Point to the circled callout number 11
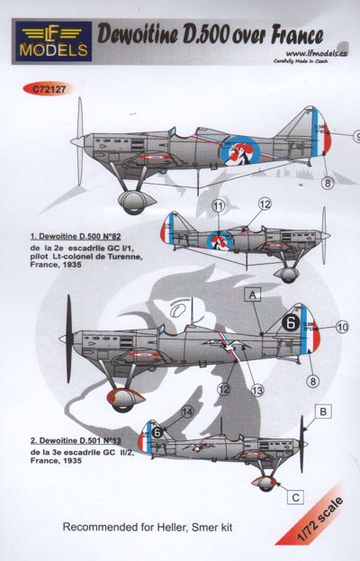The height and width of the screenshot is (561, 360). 217,206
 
